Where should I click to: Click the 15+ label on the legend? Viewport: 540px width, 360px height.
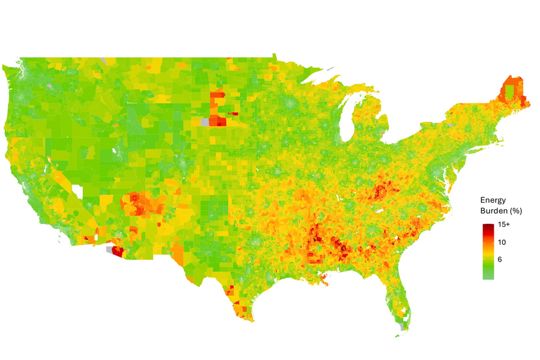[x=504, y=224]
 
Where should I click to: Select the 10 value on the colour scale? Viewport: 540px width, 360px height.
[x=502, y=242]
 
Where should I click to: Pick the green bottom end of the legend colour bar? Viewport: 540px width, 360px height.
[x=489, y=276]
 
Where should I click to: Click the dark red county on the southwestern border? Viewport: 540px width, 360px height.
[x=117, y=252]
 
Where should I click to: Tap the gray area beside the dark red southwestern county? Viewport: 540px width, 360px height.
[x=109, y=247]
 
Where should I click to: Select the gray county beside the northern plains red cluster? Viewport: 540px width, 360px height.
[x=205, y=122]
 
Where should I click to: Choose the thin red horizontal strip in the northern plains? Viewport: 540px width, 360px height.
[x=233, y=113]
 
